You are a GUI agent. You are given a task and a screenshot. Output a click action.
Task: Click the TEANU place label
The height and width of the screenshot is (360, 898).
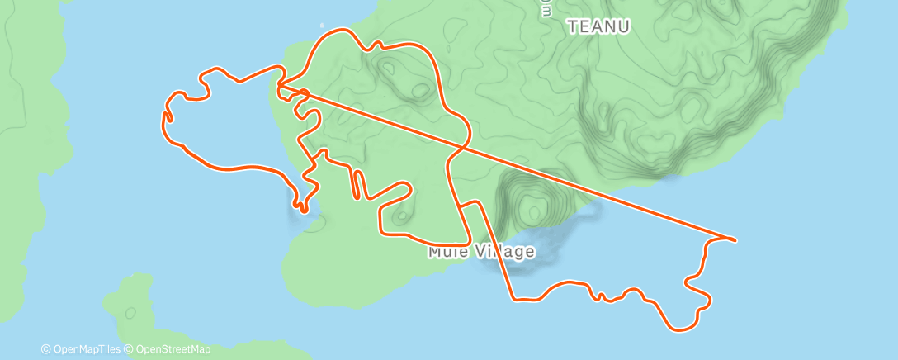599,26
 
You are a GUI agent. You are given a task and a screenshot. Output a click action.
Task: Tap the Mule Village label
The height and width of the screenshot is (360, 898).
481,251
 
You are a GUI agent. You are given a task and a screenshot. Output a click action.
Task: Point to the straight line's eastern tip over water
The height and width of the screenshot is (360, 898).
734,239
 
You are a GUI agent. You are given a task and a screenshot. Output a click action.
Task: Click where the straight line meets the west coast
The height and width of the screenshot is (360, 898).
278,84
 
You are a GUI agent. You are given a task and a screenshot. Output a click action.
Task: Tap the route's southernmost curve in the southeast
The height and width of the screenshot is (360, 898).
682,329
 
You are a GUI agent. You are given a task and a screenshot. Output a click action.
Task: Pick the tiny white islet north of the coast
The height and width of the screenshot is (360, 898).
321,26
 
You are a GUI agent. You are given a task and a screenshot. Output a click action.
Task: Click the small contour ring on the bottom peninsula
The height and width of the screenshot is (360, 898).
129,312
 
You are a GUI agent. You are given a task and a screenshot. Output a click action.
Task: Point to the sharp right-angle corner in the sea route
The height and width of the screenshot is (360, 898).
512,297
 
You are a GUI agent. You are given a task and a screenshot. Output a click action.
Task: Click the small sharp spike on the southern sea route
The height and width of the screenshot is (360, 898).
600,294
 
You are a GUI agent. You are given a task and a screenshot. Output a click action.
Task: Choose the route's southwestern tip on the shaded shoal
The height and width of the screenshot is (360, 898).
303,210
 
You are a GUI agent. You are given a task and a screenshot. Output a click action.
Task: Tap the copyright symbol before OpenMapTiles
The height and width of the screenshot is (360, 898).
46,349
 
